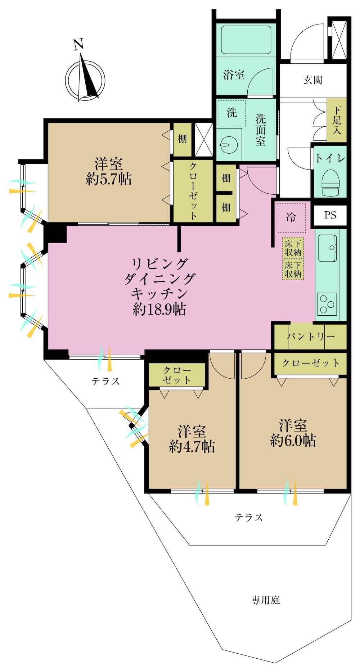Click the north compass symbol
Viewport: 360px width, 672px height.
pos(85,76)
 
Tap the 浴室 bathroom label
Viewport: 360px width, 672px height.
pos(234,75)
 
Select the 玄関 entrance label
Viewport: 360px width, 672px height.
pos(312,80)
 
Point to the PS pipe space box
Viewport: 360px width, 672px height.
pos(330,215)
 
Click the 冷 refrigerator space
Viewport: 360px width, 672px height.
pos(291,217)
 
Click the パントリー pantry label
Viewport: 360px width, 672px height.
pos(311,337)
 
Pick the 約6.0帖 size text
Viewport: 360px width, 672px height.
pos(293,440)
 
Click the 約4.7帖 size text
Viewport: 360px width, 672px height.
pos(192,446)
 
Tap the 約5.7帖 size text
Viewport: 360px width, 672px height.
pos(108,179)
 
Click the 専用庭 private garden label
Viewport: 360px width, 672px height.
pos(265,600)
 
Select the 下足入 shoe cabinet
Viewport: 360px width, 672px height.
pos(337,120)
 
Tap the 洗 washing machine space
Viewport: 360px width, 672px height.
pos(231,113)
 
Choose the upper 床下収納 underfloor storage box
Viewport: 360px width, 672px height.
pos(293,248)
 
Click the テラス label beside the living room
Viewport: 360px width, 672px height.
pos(105,381)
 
